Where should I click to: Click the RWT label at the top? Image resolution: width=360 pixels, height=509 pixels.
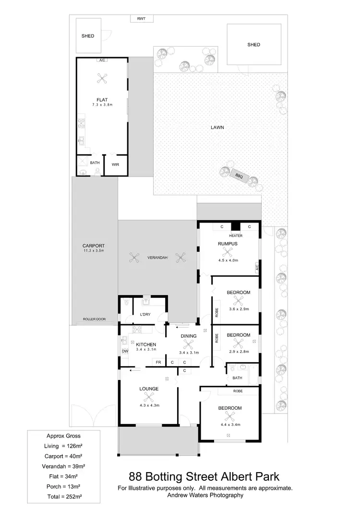click(x=141, y=19)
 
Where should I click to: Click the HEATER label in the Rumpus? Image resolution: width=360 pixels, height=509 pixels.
click(x=236, y=236)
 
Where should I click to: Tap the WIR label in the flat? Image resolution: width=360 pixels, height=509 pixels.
click(x=115, y=164)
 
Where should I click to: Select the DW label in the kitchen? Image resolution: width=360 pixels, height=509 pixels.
click(x=125, y=351)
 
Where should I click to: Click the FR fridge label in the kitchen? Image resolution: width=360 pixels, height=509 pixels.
click(x=157, y=362)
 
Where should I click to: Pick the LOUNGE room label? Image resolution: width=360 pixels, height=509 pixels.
click(x=149, y=389)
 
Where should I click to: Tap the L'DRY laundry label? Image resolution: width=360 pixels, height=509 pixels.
click(x=145, y=315)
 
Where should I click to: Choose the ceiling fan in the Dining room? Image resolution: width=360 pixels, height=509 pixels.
click(x=189, y=344)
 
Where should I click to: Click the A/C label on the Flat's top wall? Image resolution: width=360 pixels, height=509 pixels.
click(x=102, y=60)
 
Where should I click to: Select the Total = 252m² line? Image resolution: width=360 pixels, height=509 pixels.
click(x=63, y=495)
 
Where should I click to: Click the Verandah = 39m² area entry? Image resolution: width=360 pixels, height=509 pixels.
click(x=63, y=466)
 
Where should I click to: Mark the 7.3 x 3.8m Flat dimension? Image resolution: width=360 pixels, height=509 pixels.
click(x=102, y=105)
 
